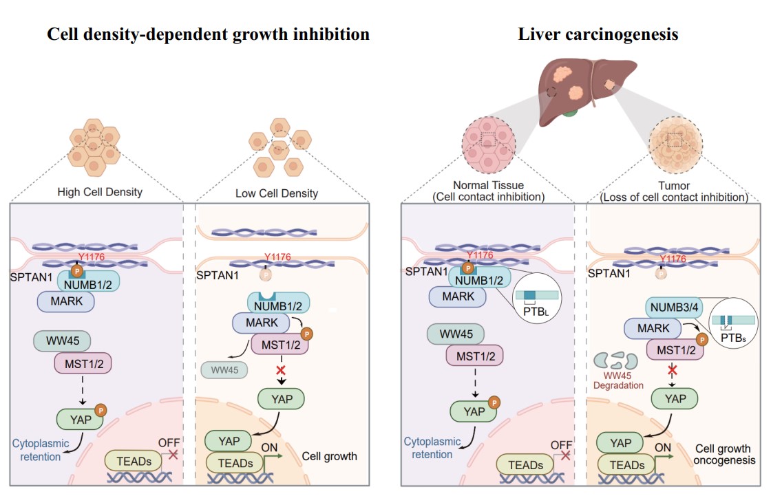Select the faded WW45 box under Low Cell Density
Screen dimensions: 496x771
pyautogui.click(x=225, y=369)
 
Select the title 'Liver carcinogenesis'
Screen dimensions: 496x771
pyautogui.click(x=598, y=34)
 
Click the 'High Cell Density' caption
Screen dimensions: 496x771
pyautogui.click(x=99, y=192)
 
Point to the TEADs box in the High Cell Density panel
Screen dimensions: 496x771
pyautogui.click(x=133, y=462)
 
